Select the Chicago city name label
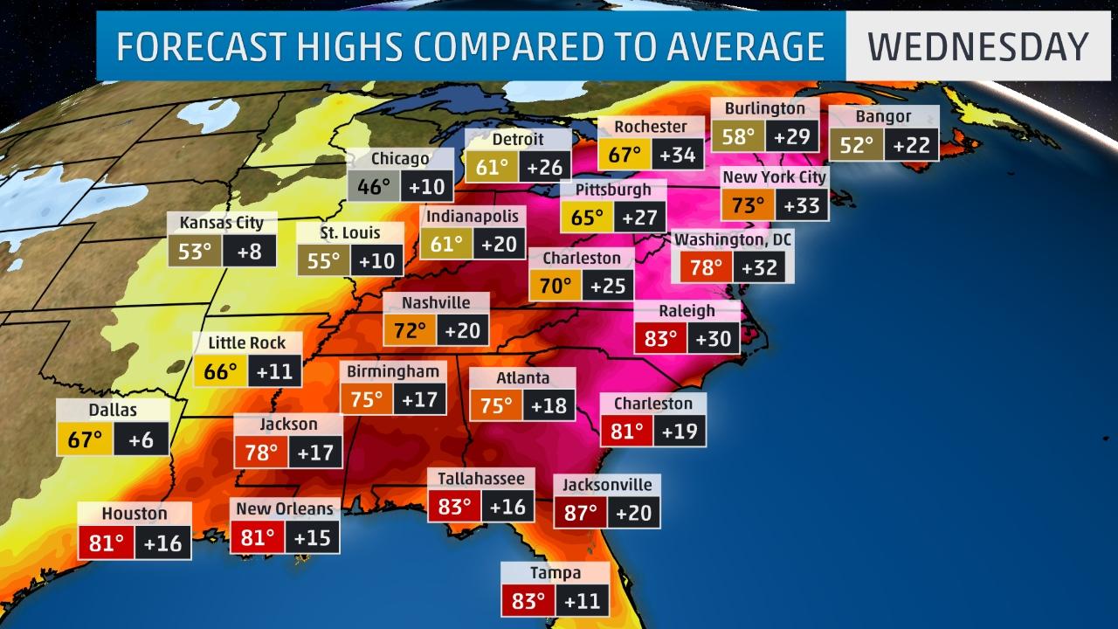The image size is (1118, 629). coord(400,158)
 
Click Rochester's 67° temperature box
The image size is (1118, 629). coord(625,156)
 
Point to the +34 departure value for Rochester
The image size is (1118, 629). coord(678,156)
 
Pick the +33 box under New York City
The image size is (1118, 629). coord(800,206)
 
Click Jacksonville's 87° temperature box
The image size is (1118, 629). coord(580,513)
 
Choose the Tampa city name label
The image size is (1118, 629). coord(555,573)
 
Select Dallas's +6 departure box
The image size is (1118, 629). coord(140,439)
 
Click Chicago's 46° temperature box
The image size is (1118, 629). coord(374,187)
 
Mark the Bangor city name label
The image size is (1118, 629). coord(883,116)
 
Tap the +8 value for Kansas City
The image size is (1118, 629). coord(249,252)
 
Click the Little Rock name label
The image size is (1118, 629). coord(246,342)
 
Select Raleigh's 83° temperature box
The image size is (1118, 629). coord(660,339)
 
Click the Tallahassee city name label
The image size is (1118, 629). coord(481,478)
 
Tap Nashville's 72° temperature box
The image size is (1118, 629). coord(410,331)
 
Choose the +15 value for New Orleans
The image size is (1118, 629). coord(312,537)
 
